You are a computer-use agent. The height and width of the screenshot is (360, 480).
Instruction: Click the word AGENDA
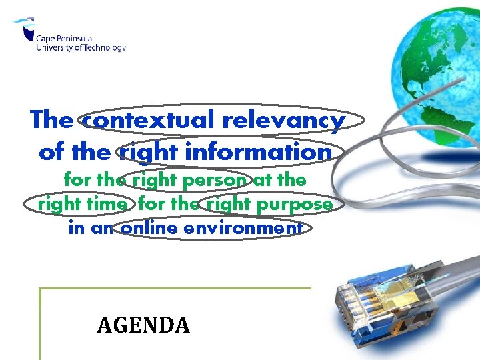(143, 325)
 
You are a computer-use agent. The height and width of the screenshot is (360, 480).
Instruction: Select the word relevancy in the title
(283, 120)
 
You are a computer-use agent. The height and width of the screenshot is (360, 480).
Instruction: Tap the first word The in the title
(52, 120)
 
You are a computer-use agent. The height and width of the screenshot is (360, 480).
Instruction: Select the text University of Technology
(81, 47)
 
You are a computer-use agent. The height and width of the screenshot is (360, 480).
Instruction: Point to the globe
(437, 63)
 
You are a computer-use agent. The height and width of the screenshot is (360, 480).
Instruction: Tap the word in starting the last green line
(75, 228)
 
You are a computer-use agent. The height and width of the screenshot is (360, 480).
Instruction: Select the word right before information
(143, 152)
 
